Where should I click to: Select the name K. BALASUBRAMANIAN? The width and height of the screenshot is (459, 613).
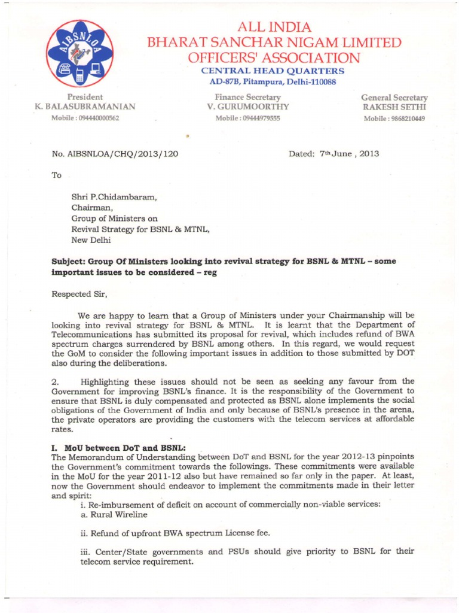point(85,107)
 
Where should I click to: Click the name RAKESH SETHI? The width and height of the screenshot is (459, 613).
point(394,107)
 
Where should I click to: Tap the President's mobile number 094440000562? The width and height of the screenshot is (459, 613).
point(85,118)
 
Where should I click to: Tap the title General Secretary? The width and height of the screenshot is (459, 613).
point(394,97)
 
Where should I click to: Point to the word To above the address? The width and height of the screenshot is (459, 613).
point(57,175)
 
